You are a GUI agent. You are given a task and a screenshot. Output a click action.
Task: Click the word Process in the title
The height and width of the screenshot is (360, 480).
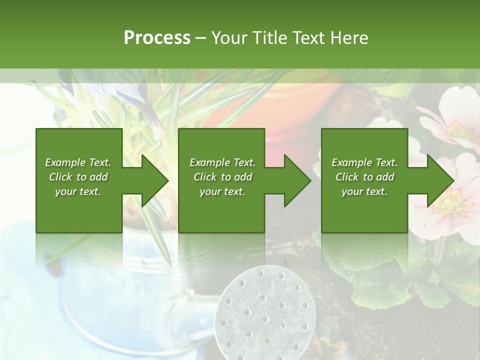coord(157,38)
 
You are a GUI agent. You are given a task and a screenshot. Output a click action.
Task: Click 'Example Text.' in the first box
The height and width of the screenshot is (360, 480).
coord(78,162)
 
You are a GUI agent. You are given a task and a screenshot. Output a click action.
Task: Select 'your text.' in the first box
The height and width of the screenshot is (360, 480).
coord(78,191)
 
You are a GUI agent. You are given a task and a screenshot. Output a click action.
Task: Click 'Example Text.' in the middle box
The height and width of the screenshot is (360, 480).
coord(222,162)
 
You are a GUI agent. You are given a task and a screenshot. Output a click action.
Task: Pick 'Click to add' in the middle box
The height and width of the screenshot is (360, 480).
coord(222,177)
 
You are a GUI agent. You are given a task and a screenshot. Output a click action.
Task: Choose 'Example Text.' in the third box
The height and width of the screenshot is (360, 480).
coord(364,162)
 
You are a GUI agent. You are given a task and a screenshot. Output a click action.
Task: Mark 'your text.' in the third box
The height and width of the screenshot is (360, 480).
coord(364,191)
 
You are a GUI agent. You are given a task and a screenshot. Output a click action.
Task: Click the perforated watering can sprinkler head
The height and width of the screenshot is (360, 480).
coord(265,312)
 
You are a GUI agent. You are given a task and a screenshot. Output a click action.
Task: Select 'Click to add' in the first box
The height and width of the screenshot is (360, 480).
coord(78,177)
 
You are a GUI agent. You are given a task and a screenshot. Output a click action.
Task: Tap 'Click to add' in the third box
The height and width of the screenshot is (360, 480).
coord(364,177)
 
